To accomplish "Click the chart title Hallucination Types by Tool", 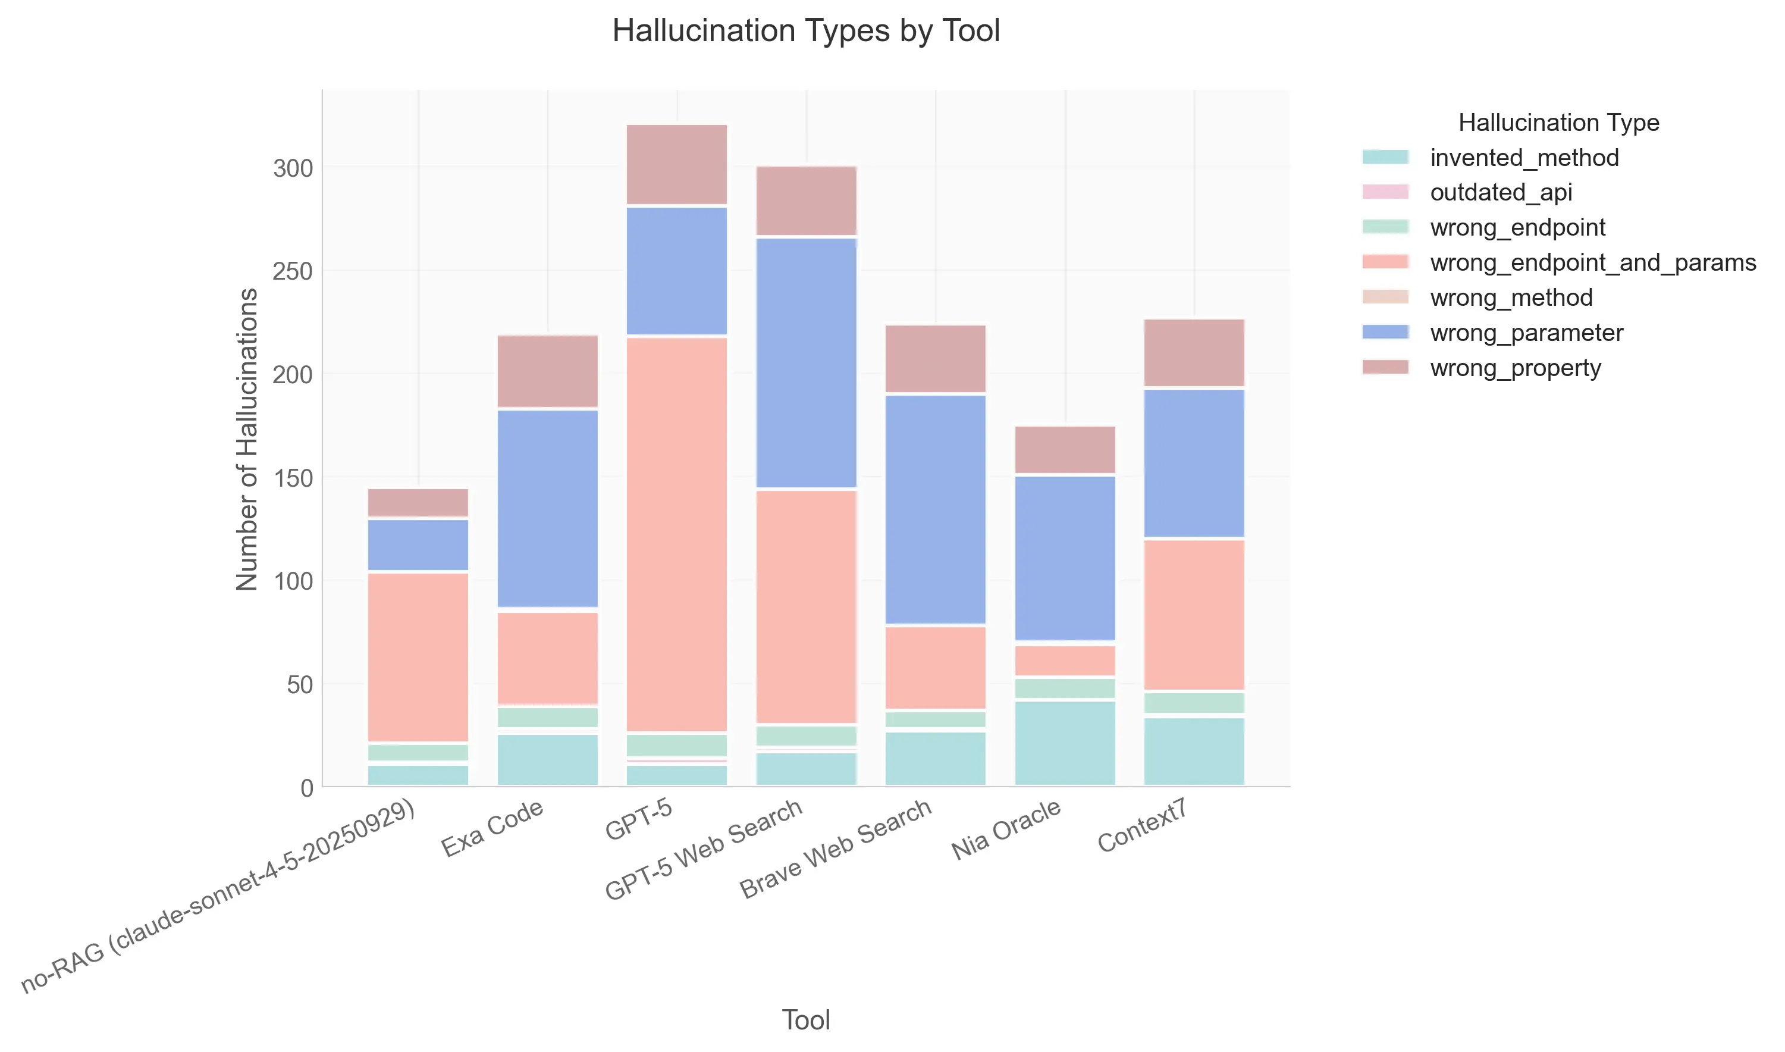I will coord(806,31).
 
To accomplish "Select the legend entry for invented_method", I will coord(1523,157).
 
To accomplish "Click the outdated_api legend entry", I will coord(1500,192).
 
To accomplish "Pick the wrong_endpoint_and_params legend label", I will coord(1592,262).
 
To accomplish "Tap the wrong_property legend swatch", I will coord(1385,367).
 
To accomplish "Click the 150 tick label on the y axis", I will coord(293,478).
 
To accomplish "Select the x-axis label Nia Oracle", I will coord(1006,829).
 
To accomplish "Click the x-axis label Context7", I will coord(1142,825).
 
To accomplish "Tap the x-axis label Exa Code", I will coord(492,828).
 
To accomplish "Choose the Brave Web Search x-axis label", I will coord(836,849).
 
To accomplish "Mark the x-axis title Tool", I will coord(806,1020).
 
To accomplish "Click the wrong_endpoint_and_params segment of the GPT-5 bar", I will coord(677,534).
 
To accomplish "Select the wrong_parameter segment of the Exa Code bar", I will coord(548,508).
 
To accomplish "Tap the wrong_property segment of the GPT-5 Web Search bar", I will coord(807,201).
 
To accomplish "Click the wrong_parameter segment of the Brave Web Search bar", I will coord(936,509).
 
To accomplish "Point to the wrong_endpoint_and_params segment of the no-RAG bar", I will coord(418,657).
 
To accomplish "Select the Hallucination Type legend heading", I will coord(1558,123).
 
